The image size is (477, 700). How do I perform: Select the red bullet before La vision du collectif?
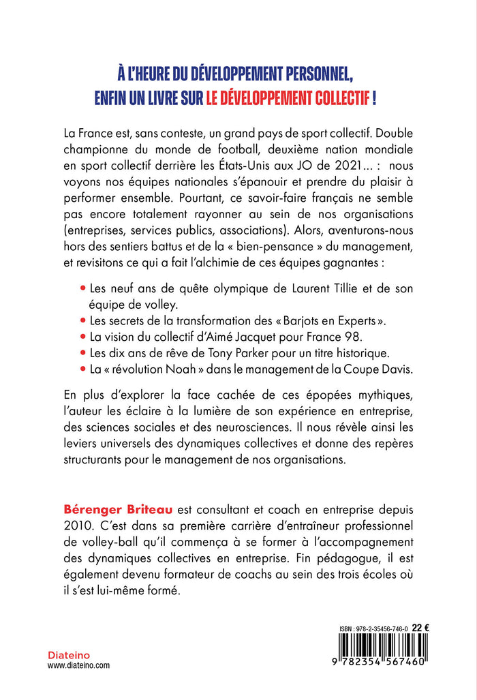(x=84, y=337)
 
